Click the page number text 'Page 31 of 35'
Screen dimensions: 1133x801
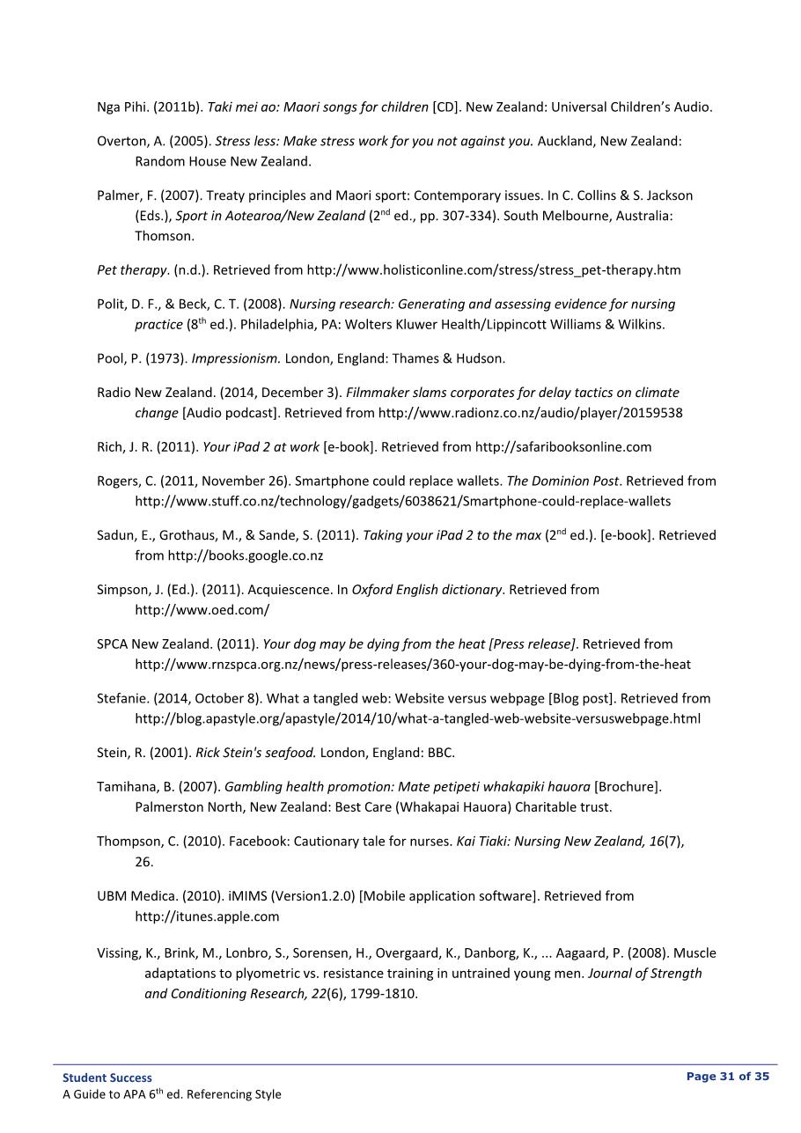point(727,1077)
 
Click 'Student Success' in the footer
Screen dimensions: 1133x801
point(107,1078)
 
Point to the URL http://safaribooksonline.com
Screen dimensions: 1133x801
point(563,447)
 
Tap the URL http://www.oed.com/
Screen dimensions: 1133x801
point(202,610)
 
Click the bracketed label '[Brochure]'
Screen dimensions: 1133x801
point(628,787)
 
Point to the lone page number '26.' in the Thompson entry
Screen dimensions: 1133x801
point(143,862)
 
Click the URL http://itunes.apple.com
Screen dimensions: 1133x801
point(207,916)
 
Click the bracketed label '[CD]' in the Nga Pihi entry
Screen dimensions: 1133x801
point(445,107)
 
